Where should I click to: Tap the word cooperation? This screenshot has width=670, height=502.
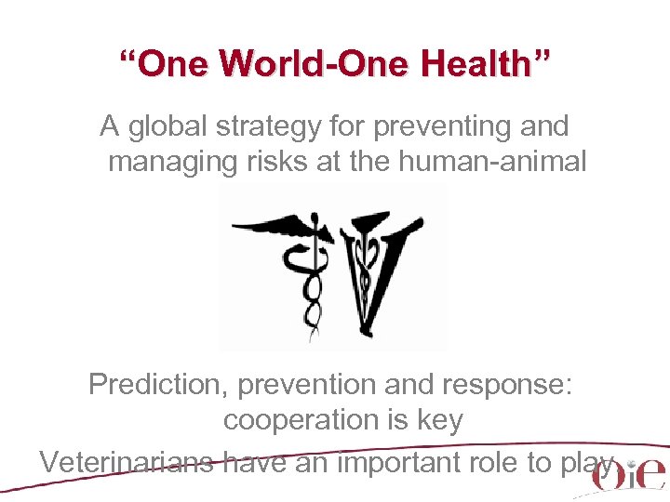308,420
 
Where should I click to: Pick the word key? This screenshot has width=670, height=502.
437,420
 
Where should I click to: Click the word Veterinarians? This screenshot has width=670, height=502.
127,461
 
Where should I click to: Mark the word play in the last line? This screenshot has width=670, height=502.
589,462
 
